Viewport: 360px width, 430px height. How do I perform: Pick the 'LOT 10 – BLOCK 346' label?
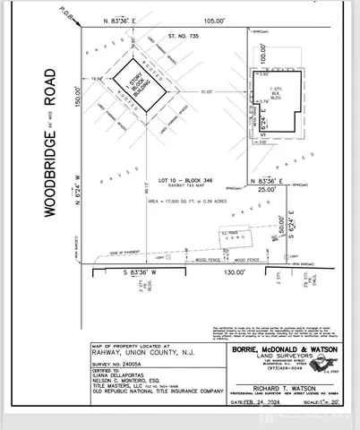click(x=178, y=178)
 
